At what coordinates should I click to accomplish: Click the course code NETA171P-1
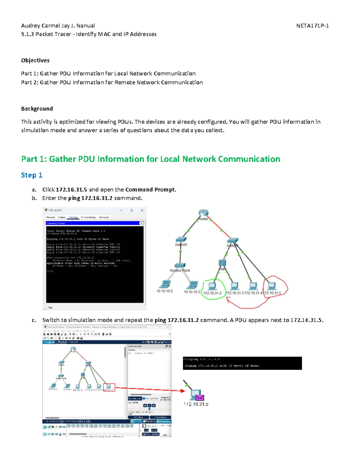point(312,26)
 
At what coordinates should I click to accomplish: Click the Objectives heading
point(35,60)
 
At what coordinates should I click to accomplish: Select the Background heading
point(37,109)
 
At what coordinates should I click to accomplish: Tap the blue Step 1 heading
point(31,175)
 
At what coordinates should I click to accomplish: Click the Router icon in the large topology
point(203,213)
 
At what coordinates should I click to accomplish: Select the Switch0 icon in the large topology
point(181,239)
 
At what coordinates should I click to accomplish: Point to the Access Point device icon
point(180,266)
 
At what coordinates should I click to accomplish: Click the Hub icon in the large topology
point(222,263)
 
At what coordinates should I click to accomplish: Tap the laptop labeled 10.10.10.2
point(165,284)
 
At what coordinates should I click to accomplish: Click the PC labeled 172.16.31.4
point(253,286)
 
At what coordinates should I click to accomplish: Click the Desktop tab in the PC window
point(73,217)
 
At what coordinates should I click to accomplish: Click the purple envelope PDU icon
point(200,398)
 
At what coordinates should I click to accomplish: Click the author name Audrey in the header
point(30,26)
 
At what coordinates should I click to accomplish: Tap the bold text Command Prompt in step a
point(150,190)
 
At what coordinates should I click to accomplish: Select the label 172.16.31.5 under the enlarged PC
point(196,404)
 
